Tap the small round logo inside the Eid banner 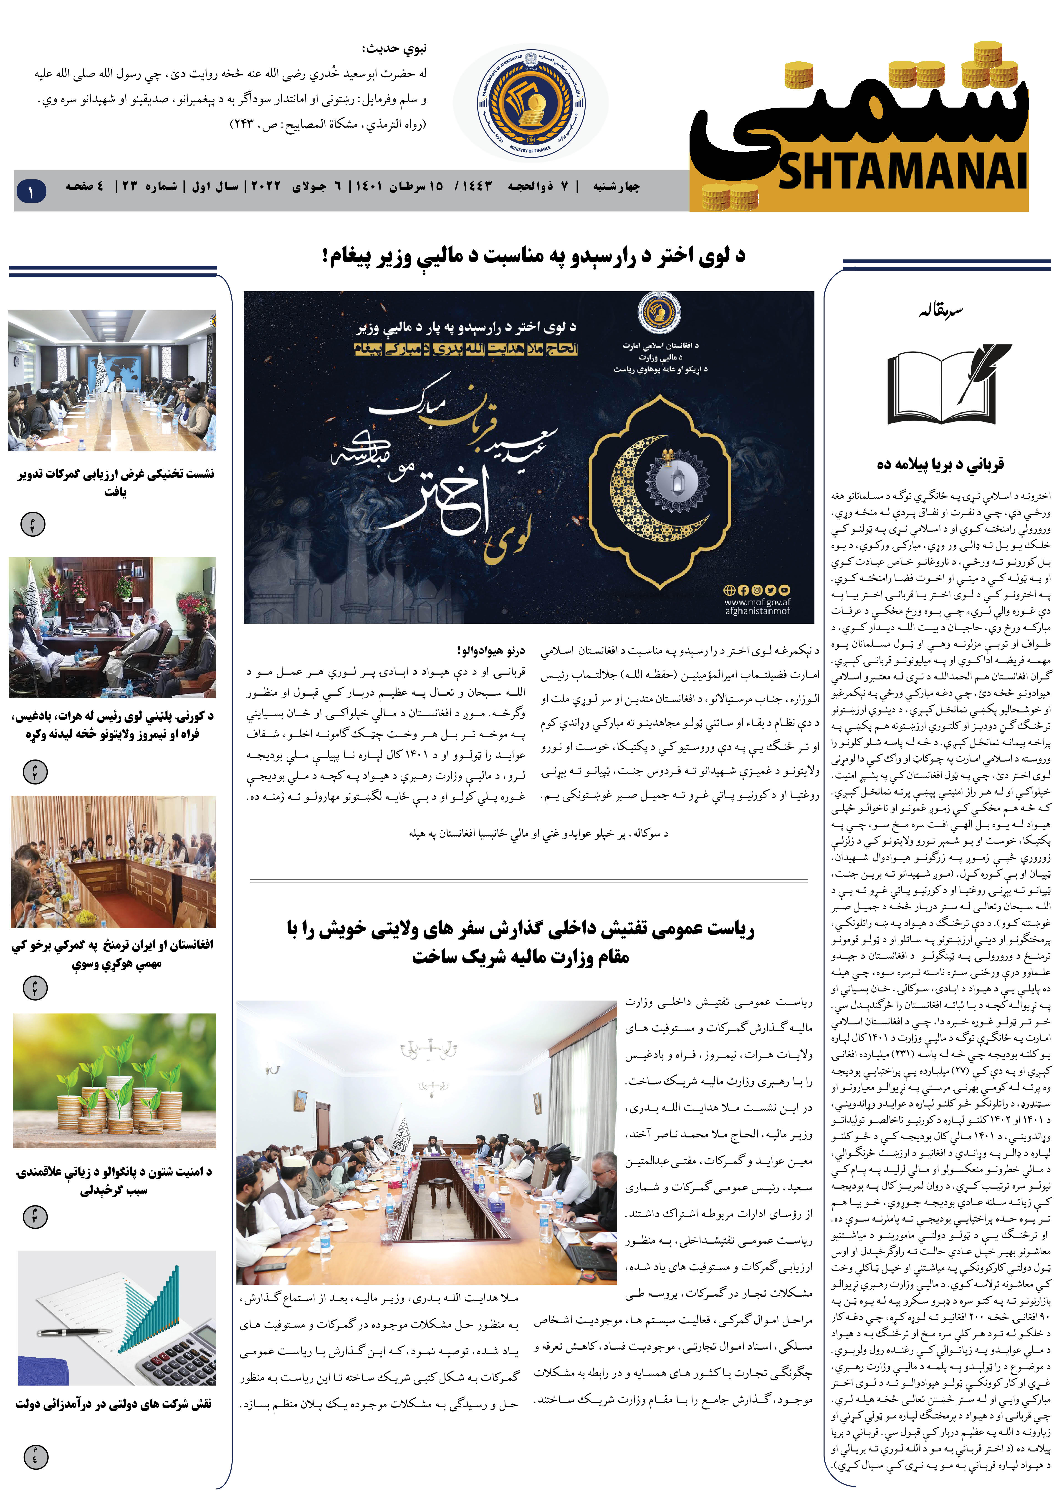[x=659, y=313]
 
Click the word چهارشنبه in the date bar [x=616, y=187]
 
